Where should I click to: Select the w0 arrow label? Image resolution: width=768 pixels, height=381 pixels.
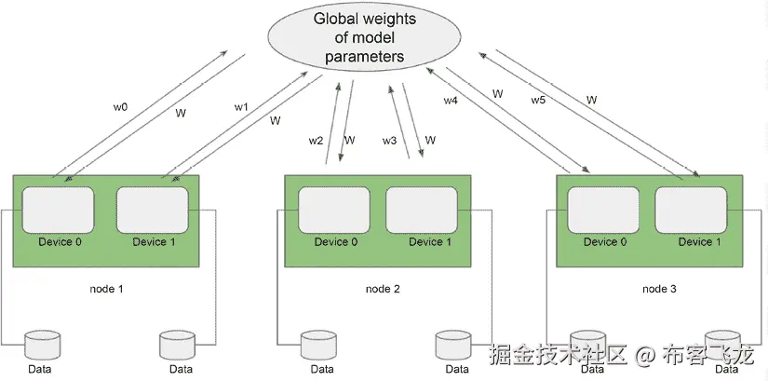tap(121, 108)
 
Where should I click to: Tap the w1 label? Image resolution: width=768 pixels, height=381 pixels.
tap(241, 108)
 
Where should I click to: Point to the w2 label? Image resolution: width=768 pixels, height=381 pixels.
tap(317, 141)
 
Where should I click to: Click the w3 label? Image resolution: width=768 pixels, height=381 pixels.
tap(390, 141)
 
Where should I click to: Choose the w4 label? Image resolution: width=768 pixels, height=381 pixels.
tap(451, 100)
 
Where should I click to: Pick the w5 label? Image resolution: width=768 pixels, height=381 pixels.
tap(538, 100)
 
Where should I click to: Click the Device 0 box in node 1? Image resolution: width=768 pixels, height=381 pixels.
tap(58, 211)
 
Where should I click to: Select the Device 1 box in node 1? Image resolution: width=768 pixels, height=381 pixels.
tap(152, 211)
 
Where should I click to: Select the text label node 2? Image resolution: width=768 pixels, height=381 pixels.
tap(382, 289)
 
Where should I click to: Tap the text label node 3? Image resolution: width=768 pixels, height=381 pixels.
tap(660, 289)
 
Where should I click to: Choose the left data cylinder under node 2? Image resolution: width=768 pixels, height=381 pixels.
tap(317, 345)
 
